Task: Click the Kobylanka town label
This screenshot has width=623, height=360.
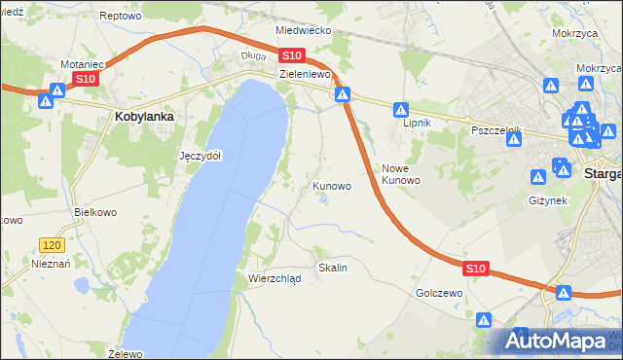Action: pos(144,117)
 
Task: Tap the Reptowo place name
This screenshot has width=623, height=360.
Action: pos(121,17)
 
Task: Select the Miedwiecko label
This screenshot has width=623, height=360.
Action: pos(303,30)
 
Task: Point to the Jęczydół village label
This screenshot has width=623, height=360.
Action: pos(201,156)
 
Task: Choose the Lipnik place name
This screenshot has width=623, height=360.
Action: pos(418,124)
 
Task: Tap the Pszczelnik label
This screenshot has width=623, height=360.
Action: pos(496,129)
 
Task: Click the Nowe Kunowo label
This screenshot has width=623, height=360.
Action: pos(400,174)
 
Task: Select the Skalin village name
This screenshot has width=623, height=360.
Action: pos(332,267)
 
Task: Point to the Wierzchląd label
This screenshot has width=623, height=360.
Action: pos(275,278)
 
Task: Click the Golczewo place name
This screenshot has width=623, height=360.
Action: pos(437,292)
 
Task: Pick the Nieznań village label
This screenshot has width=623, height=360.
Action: pos(48,263)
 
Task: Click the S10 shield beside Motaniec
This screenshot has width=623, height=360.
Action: pos(85,79)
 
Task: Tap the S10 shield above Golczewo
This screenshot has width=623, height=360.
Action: pos(474,268)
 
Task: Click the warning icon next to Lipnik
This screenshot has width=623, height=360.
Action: pos(400,111)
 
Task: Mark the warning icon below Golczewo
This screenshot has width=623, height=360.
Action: pos(484,319)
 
